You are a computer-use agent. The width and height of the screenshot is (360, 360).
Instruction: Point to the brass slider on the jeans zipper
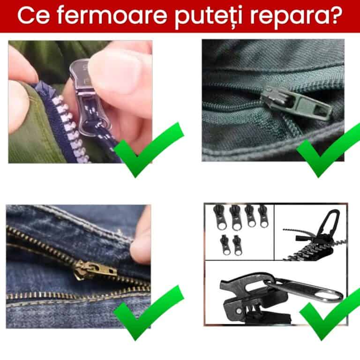pyautogui.click(x=94, y=271)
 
